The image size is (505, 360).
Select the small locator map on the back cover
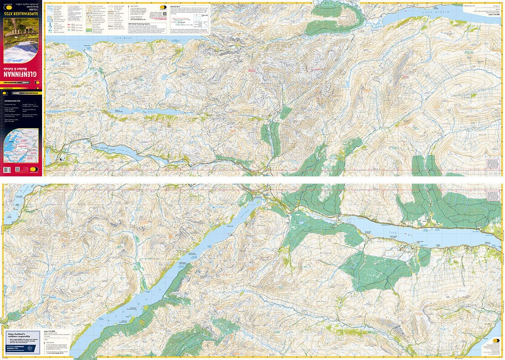click(x=21, y=146)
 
